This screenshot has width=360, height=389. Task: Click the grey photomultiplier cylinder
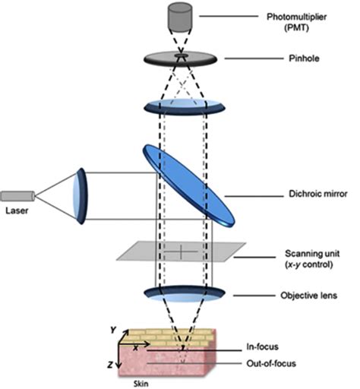tap(179, 17)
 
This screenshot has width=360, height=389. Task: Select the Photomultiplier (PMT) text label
tap(296, 22)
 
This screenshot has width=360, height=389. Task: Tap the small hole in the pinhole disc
tap(181, 55)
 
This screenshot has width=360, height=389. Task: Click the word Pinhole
tap(304, 59)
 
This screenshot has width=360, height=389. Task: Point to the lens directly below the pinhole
tap(185, 107)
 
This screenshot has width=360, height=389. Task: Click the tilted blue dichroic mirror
tap(189, 185)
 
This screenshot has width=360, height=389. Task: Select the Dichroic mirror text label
tap(318, 194)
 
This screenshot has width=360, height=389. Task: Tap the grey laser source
tap(17, 196)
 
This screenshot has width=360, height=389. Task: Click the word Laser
tap(17, 210)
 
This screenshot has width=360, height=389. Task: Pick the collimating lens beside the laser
tap(81, 196)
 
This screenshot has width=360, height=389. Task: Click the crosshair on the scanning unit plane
tap(181, 251)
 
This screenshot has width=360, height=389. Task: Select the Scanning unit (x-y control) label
tap(312, 259)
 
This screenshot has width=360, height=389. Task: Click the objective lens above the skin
tap(185, 294)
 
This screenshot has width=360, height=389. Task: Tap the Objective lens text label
tap(308, 296)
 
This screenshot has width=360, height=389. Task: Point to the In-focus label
tap(262, 346)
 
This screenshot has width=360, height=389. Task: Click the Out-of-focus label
tap(271, 364)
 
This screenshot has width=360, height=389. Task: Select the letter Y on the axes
tap(113, 330)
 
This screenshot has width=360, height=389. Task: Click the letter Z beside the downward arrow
tap(109, 365)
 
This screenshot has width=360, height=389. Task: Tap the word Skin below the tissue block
tap(141, 384)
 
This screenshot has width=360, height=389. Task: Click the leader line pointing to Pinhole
tap(254, 59)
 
